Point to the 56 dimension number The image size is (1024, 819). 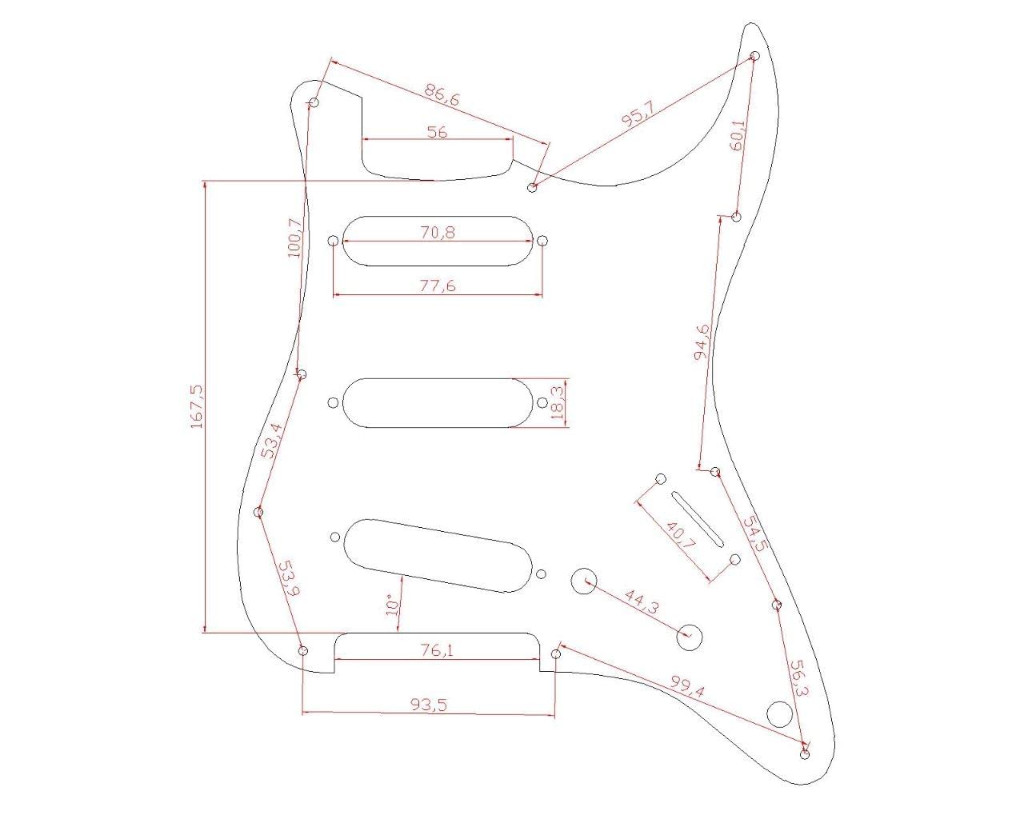[437, 132]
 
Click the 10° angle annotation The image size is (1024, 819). [391, 604]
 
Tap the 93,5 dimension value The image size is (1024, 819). [430, 705]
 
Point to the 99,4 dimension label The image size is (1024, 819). [687, 686]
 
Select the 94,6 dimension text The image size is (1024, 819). [703, 343]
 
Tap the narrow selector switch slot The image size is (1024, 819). [698, 518]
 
